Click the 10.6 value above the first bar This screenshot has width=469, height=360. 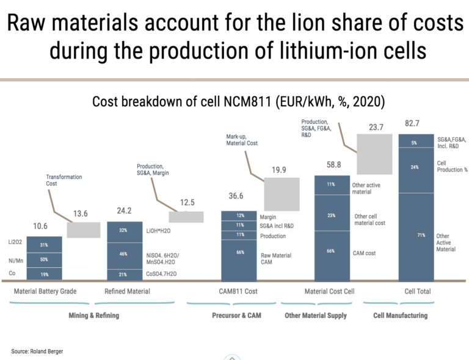pos(40,226)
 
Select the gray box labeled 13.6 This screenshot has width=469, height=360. pos(83,230)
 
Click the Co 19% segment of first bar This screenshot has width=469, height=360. pos(44,275)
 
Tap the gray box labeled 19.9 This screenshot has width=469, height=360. pos(282,194)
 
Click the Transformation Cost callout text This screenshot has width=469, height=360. pos(64,180)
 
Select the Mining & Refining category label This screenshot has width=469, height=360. pos(93,315)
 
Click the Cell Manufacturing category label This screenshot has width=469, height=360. pos(400,315)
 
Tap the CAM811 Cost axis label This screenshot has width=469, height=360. pos(238,291)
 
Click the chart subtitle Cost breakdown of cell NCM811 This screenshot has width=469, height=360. pos(234,101)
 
